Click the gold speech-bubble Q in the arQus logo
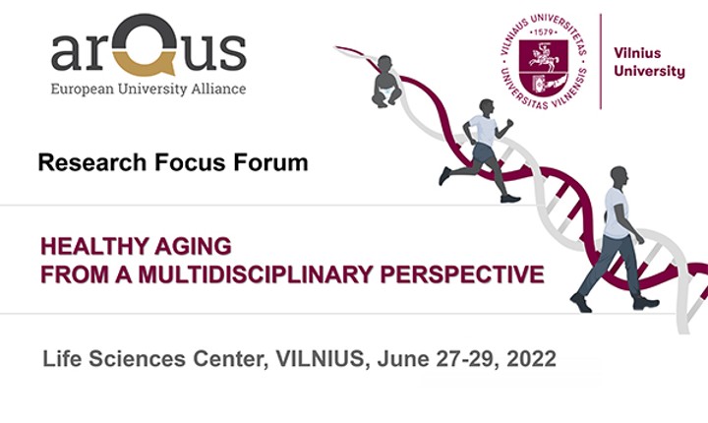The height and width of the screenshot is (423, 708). pos(144,44)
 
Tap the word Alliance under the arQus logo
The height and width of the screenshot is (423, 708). pos(218,89)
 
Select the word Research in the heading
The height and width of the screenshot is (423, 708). pos(92,162)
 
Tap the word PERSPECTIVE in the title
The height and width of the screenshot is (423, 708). pos(462,274)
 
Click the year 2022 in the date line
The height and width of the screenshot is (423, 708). pos(531,359)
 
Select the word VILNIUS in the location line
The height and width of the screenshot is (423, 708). pos(320,359)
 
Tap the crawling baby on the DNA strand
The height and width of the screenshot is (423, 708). pos(386,82)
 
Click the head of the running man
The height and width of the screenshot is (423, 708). pos(487,107)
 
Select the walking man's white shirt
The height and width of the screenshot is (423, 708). pos(616,212)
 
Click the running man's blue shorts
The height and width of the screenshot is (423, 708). pos(482,152)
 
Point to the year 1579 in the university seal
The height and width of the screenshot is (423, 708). pos(543,32)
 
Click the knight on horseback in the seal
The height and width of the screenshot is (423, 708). pos(543,59)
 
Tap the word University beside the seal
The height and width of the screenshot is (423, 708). pos(649,72)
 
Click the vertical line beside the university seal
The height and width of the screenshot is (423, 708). pos(601,61)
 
